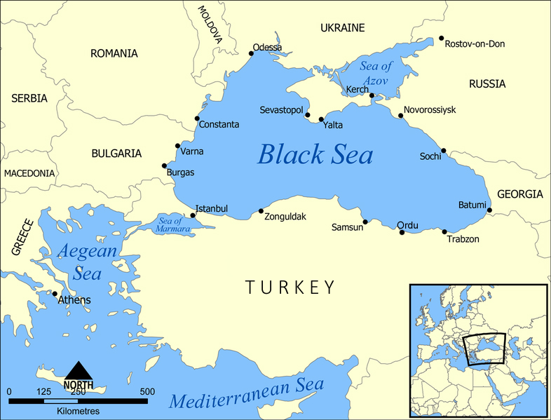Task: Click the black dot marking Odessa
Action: (x=252, y=53)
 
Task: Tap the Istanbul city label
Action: (x=211, y=209)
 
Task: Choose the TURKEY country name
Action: (x=290, y=287)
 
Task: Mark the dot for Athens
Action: (x=55, y=294)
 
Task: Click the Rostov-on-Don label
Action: (x=475, y=43)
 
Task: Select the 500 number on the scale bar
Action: (x=147, y=391)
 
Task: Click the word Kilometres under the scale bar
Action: (x=78, y=411)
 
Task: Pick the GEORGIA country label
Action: (x=519, y=194)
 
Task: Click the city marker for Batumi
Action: (x=489, y=210)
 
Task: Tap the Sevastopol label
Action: (x=280, y=111)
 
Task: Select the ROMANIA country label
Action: (x=114, y=53)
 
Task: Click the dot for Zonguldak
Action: (x=261, y=211)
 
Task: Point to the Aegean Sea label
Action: (x=86, y=261)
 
